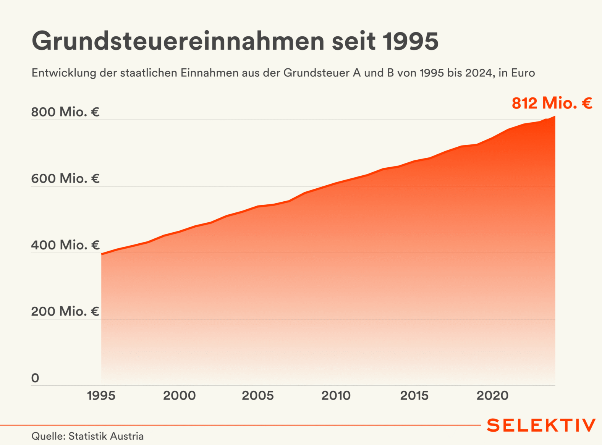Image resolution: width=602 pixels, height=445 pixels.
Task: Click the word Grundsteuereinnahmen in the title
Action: point(178,41)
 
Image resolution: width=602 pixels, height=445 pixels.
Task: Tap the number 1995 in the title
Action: point(410,41)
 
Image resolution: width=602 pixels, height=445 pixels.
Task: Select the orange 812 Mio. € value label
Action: point(552,103)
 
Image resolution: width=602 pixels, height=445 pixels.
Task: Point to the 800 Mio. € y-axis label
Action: point(65,112)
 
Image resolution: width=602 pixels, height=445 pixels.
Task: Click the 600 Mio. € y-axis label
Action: point(65,178)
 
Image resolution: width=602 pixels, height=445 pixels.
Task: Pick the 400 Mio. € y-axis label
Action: point(65,245)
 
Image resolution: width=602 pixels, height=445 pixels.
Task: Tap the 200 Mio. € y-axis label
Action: point(65,311)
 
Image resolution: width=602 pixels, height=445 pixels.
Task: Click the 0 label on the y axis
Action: point(35,378)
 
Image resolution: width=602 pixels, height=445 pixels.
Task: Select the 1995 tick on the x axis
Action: point(101,396)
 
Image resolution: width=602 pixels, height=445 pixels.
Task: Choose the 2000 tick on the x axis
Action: point(180,396)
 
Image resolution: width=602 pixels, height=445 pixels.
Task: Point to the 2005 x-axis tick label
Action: point(258,396)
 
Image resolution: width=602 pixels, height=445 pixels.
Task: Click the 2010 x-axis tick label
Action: point(336,396)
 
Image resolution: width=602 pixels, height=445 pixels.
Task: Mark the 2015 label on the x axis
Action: point(414,396)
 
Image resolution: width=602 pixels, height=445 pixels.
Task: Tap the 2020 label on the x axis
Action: point(493,396)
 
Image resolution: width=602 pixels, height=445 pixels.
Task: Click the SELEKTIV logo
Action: point(541,425)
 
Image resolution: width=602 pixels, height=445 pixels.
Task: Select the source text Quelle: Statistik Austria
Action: point(87,436)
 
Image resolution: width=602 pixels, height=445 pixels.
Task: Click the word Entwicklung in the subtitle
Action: point(64,73)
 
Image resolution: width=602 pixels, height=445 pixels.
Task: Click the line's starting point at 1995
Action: point(102,254)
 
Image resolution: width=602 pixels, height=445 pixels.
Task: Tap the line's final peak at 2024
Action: point(555,117)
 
